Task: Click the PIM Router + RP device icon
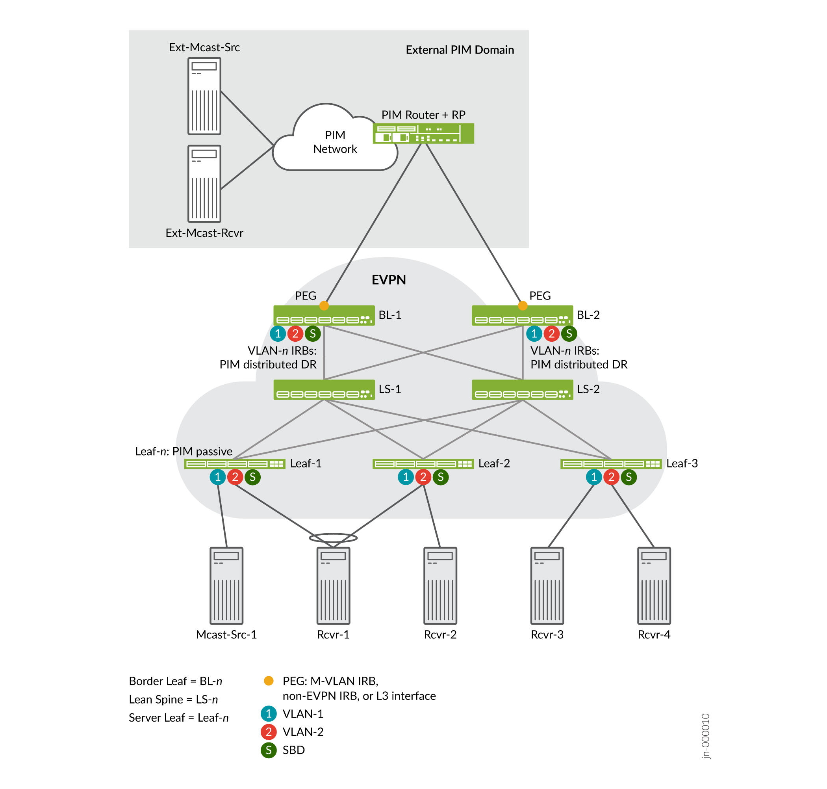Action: (423, 133)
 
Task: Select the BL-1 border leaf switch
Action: (324, 316)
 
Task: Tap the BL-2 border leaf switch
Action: (522, 316)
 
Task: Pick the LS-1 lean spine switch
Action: (324, 390)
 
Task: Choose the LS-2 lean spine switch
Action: (522, 390)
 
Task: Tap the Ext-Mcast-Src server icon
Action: (204, 96)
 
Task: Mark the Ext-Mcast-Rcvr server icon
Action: (204, 184)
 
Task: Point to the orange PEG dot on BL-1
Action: (324, 306)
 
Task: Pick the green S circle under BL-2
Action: (569, 333)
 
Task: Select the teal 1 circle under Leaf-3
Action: (594, 477)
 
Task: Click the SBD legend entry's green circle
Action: (269, 750)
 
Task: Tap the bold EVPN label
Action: (389, 280)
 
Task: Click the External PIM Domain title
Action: (460, 50)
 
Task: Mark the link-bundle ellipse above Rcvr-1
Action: (333, 538)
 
